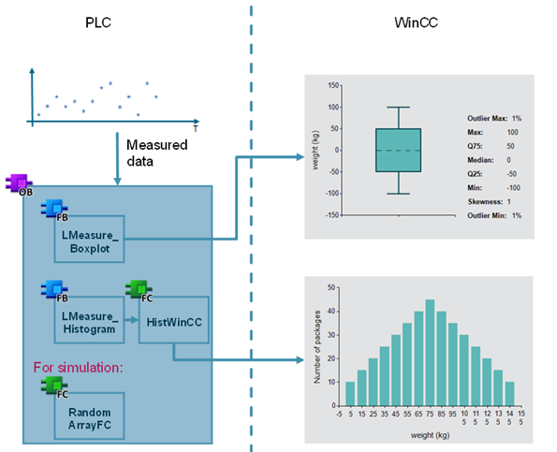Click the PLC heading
[98, 22]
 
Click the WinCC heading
[416, 22]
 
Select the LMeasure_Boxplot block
[89, 239]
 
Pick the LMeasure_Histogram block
[89, 320]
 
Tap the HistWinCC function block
[174, 320]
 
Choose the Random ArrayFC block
[89, 416]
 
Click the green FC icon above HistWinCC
[139, 290]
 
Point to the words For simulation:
[78, 368]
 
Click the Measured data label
[157, 153]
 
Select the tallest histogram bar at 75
[430, 353]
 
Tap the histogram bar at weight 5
[350, 394]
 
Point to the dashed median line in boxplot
[398, 151]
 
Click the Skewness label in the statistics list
[485, 202]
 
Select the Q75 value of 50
[510, 146]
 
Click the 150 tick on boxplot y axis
[333, 85]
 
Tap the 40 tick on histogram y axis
[331, 312]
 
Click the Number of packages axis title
[316, 347]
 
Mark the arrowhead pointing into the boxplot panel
[300, 157]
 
